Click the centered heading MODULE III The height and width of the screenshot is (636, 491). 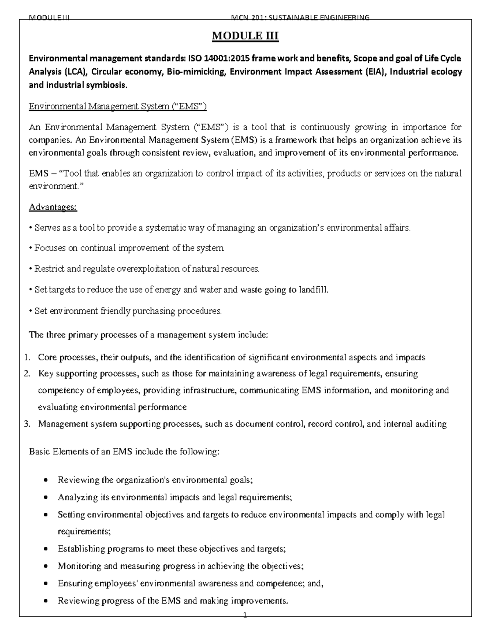pyautogui.click(x=245, y=36)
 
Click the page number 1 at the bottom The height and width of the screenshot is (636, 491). pyautogui.click(x=245, y=627)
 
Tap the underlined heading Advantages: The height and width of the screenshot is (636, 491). pyautogui.click(x=53, y=207)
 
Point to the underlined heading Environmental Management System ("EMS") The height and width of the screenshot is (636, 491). pyautogui.click(x=118, y=107)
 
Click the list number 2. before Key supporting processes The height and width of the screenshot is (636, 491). pyautogui.click(x=27, y=373)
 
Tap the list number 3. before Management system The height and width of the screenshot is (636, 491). pyautogui.click(x=27, y=424)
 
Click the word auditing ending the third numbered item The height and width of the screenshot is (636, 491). pyautogui.click(x=431, y=424)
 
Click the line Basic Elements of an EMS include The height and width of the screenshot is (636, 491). pyautogui.click(x=124, y=452)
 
